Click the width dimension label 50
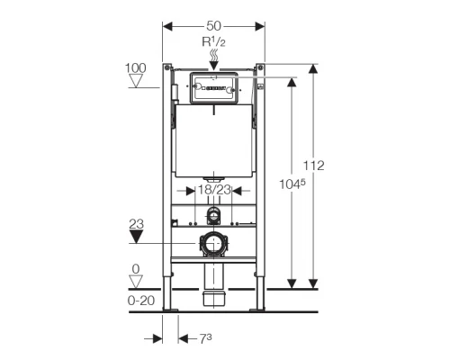point(213,26)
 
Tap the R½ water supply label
point(213,42)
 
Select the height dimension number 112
point(313,166)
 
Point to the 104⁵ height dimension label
point(292,184)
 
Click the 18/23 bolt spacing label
point(214,190)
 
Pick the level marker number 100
point(136,68)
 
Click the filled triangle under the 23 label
point(136,237)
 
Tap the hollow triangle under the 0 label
point(136,282)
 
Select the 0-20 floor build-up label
point(141,301)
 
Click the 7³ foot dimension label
point(206,339)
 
